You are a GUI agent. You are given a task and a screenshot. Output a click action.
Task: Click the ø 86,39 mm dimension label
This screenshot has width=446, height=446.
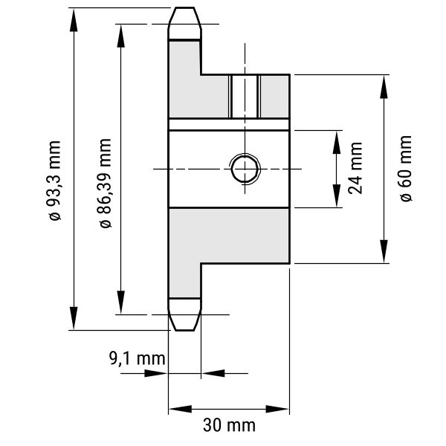(x=105, y=183)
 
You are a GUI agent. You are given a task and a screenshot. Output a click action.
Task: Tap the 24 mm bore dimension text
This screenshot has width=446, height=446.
(x=355, y=168)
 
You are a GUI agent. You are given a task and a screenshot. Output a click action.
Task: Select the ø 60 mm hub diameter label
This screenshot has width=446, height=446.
(x=405, y=169)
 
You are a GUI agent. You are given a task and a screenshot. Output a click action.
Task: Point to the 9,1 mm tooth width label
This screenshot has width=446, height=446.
(x=137, y=359)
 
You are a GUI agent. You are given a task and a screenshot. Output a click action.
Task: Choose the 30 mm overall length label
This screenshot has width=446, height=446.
(x=229, y=425)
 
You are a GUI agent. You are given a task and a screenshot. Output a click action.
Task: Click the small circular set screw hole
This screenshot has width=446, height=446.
(x=245, y=168)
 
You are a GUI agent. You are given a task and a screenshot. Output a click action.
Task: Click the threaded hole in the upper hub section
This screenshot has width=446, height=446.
(x=245, y=96)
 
